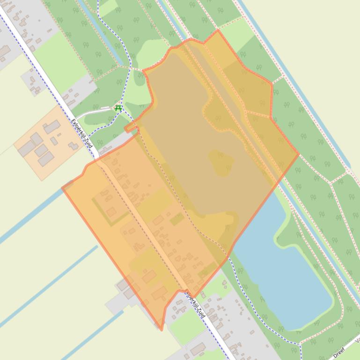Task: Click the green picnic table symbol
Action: tap(118, 108)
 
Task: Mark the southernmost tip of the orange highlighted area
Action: tap(162, 330)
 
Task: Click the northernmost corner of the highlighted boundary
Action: tap(218, 30)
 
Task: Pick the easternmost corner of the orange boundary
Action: tap(299, 153)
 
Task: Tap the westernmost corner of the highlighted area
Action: tap(62, 188)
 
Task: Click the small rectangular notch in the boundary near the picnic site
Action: tap(131, 127)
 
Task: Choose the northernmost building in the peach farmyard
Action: tap(52, 126)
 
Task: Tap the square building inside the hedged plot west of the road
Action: tap(111, 212)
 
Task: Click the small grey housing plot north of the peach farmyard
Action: tap(33, 82)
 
